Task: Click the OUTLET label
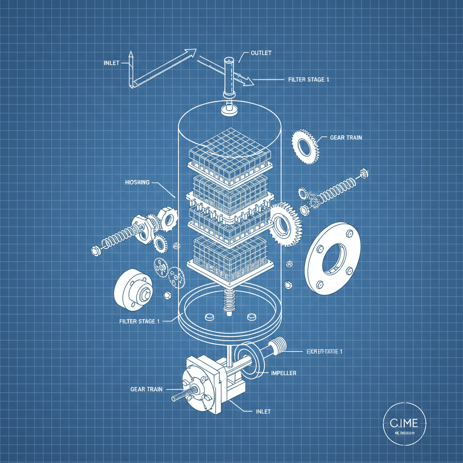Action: click(x=261, y=53)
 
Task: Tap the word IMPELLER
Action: click(x=283, y=373)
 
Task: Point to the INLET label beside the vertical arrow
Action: click(x=111, y=63)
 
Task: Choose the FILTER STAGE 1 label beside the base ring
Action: click(x=139, y=321)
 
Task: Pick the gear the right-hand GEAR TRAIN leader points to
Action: click(x=305, y=145)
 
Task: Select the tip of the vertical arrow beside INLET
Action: click(x=130, y=54)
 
